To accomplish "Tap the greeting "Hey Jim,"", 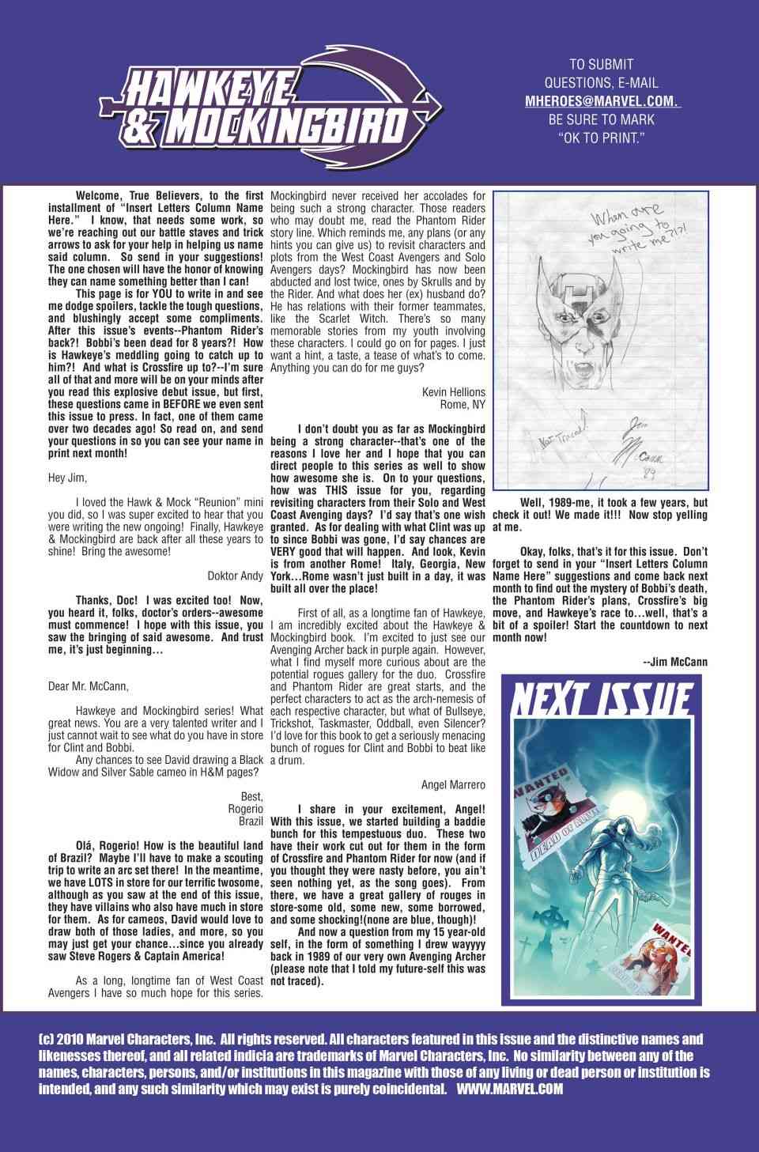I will click(x=68, y=478).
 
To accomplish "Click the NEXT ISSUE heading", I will click(x=602, y=700).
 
